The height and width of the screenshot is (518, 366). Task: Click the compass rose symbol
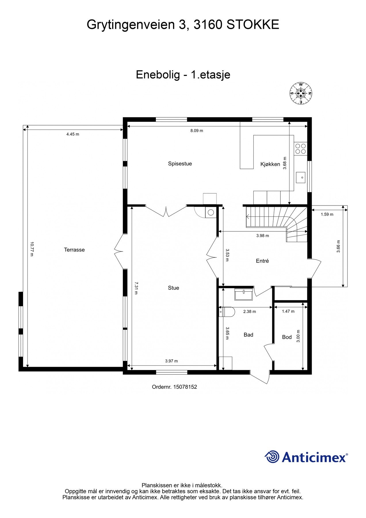(301, 93)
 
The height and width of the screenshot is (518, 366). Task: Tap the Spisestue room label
(180, 164)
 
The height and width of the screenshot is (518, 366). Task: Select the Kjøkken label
(270, 164)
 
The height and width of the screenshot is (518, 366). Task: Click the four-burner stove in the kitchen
(300, 148)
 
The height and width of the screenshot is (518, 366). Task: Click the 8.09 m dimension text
(197, 131)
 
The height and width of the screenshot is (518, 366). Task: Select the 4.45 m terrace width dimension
(73, 134)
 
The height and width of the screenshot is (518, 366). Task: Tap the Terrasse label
(74, 250)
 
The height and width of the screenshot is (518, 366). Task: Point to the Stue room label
(173, 288)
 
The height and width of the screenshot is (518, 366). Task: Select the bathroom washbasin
(244, 295)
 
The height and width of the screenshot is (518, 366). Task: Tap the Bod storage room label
(287, 337)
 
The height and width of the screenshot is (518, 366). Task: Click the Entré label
(262, 261)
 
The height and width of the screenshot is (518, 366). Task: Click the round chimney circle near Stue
(211, 213)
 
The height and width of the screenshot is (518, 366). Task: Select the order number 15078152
(175, 387)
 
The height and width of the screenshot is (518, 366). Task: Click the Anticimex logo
(306, 457)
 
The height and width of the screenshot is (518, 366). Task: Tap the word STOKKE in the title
(253, 25)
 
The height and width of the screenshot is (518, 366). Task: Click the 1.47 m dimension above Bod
(288, 311)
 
